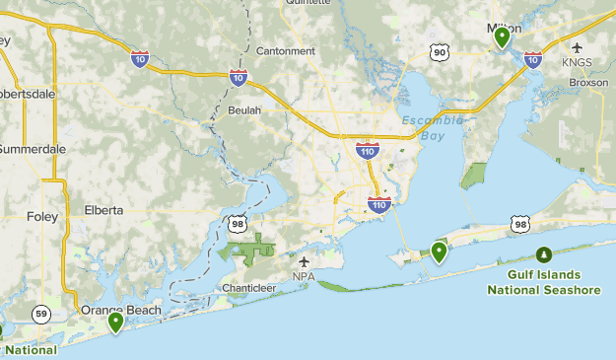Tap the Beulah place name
pyautogui.click(x=244, y=110)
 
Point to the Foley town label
pyautogui.click(x=42, y=216)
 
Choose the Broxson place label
pyautogui.click(x=587, y=83)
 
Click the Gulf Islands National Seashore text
pyautogui.click(x=544, y=282)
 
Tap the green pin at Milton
pyautogui.click(x=502, y=36)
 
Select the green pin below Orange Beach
pyautogui.click(x=115, y=321)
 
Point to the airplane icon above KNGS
pyautogui.click(x=577, y=47)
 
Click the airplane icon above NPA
pyautogui.click(x=304, y=261)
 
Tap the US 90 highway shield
pyautogui.click(x=439, y=51)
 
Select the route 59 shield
pyautogui.click(x=40, y=315)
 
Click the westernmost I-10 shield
pyautogui.click(x=140, y=59)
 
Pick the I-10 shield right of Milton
pyautogui.click(x=533, y=59)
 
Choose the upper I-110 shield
pyautogui.click(x=367, y=151)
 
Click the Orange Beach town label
pyautogui.click(x=121, y=310)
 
